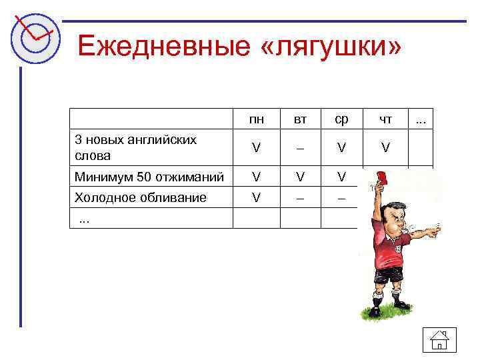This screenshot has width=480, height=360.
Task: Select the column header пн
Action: [x=256, y=119]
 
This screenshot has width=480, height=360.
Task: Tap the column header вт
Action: [x=301, y=119]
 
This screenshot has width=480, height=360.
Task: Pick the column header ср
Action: [x=341, y=119]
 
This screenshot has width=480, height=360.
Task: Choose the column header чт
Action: [x=385, y=119]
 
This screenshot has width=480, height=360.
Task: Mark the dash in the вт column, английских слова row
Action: [x=301, y=148]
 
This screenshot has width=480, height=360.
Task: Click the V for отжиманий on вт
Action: [x=301, y=177]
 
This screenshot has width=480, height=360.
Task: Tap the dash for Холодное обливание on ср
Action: [x=341, y=198]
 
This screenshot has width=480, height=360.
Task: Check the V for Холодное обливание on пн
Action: [x=256, y=198]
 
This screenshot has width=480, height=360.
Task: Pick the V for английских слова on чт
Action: [x=385, y=148]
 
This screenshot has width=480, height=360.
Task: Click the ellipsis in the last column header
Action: [x=421, y=119]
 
